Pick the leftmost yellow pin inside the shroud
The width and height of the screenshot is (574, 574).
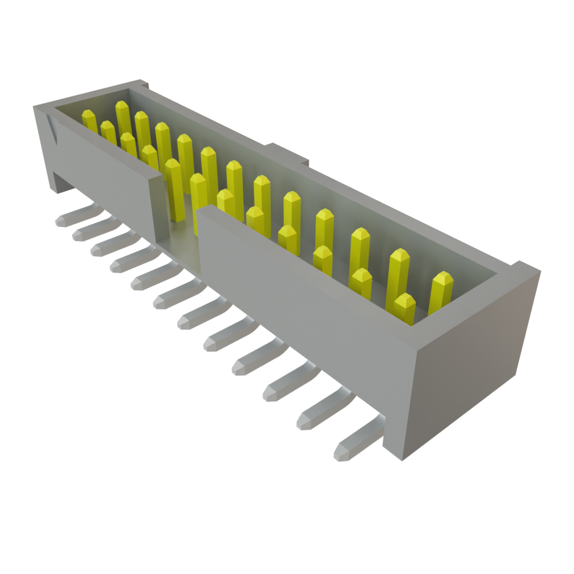(x=89, y=121)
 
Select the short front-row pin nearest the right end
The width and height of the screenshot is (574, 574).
(x=404, y=308)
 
